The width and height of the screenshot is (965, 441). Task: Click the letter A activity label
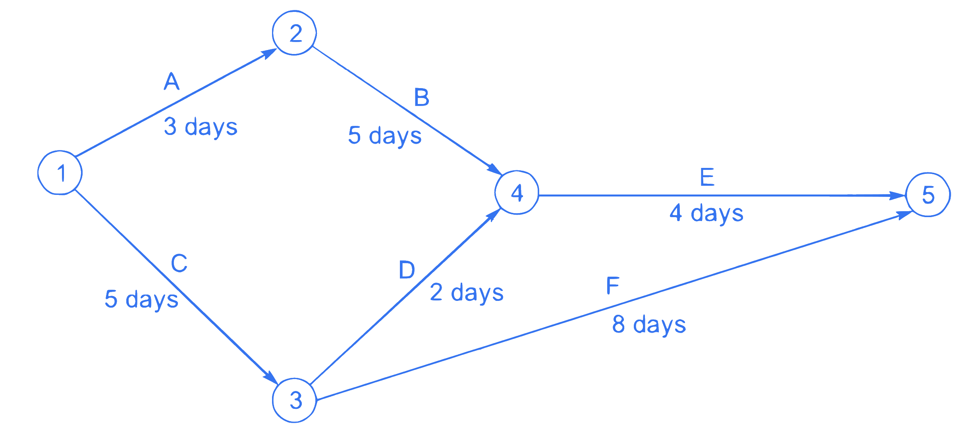(172, 81)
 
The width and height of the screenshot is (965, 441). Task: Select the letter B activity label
(422, 97)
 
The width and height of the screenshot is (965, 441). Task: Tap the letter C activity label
(179, 263)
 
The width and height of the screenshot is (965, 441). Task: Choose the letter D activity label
(407, 270)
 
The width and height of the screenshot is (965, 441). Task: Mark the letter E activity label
(707, 177)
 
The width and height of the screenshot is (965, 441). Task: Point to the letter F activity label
(613, 285)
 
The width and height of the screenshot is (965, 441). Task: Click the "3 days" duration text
(201, 127)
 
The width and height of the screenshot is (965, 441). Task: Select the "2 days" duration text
(467, 293)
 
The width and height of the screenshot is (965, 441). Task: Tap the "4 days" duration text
(706, 214)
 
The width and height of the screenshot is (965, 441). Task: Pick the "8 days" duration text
(649, 325)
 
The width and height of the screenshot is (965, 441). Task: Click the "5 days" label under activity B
(385, 136)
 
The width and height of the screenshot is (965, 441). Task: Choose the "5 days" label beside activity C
(141, 299)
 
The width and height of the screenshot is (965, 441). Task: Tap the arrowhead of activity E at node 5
(898, 196)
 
